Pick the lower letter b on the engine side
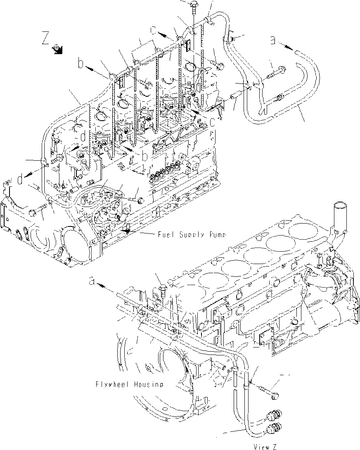point(144,156)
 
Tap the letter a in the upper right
point(272,40)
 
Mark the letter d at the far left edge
point(21,179)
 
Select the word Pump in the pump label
point(217,235)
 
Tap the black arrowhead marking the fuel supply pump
point(128,230)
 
